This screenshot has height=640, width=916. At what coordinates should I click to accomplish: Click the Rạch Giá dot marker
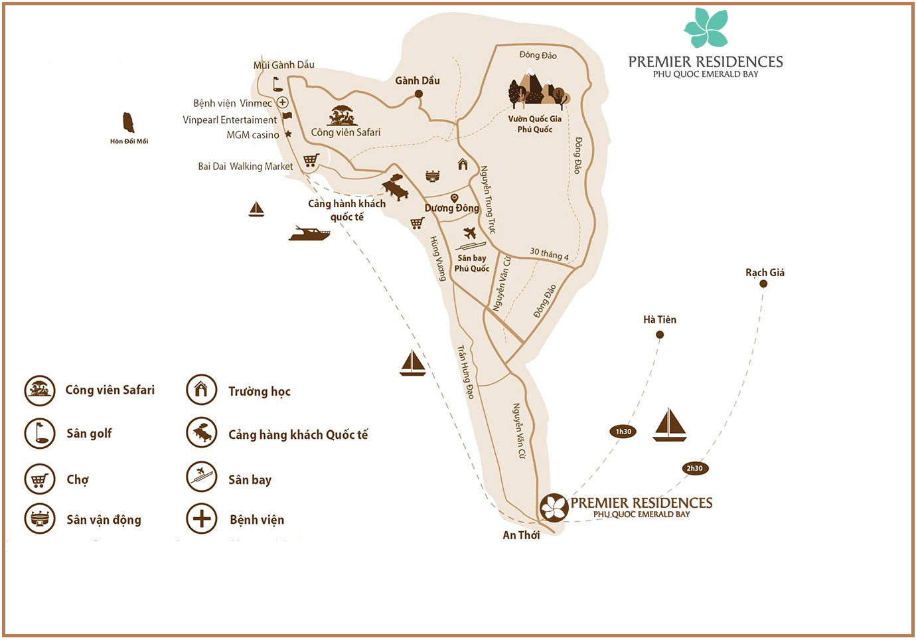click(x=763, y=284)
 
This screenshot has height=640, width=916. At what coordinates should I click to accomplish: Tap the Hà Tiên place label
click(x=659, y=319)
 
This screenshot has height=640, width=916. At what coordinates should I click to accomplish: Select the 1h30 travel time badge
click(x=623, y=432)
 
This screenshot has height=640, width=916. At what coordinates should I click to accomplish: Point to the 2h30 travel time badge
click(x=694, y=468)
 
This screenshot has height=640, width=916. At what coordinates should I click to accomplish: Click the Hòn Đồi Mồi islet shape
click(x=128, y=123)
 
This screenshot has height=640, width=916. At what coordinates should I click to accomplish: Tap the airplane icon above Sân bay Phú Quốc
click(x=470, y=233)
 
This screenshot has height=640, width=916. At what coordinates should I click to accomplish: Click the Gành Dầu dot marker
click(x=419, y=94)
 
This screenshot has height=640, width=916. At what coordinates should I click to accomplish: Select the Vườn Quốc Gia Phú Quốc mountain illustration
click(x=538, y=90)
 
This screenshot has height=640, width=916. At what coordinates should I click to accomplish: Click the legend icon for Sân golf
click(x=39, y=433)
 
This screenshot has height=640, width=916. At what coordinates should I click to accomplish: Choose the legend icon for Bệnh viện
click(x=201, y=519)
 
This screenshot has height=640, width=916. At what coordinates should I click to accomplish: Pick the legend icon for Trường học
click(x=201, y=390)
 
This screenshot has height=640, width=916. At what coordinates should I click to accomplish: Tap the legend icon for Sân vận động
click(x=39, y=519)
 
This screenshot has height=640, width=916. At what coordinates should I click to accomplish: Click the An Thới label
click(x=521, y=535)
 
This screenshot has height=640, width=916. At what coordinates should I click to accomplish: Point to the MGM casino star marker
click(x=288, y=134)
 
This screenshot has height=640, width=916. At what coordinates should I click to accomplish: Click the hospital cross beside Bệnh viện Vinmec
click(x=282, y=102)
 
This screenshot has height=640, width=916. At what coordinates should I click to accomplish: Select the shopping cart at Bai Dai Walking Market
click(x=311, y=160)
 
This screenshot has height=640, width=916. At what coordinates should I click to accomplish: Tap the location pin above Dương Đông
click(x=454, y=198)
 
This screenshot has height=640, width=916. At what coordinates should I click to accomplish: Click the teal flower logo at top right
click(x=706, y=29)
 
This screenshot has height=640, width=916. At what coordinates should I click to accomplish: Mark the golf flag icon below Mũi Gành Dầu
click(x=277, y=84)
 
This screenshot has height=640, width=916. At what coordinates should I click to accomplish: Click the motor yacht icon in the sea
click(x=309, y=233)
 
